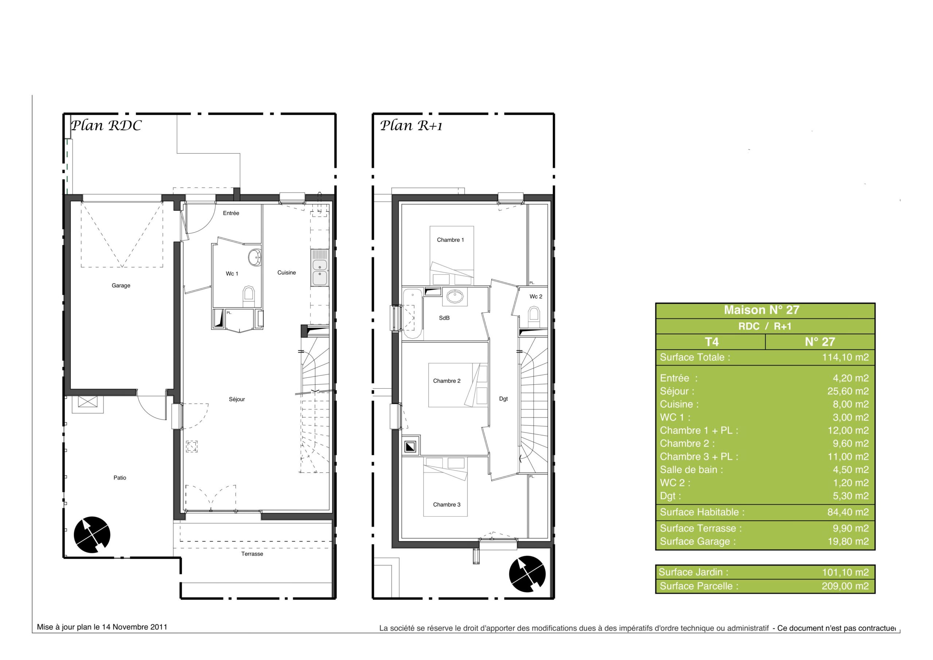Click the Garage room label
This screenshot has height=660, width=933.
coord(121,286)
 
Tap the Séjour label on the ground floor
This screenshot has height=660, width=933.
coord(237,399)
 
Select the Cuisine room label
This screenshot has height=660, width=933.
coord(286,272)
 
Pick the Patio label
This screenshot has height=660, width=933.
coord(120,478)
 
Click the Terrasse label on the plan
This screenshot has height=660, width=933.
coord(252,554)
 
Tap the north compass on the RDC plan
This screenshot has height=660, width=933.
coord(92,535)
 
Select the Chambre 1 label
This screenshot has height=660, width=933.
coord(450,240)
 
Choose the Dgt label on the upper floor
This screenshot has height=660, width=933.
coord(503,399)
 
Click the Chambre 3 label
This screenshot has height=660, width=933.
coord(446,505)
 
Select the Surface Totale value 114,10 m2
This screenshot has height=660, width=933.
coord(845,357)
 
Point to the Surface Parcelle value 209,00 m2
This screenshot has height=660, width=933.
coord(845,586)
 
